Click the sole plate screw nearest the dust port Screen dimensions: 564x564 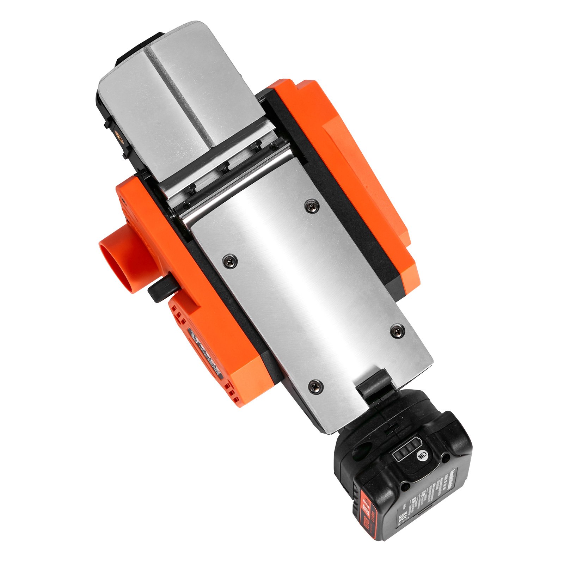[x=230, y=260]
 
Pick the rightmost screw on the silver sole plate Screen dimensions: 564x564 [x=398, y=330]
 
